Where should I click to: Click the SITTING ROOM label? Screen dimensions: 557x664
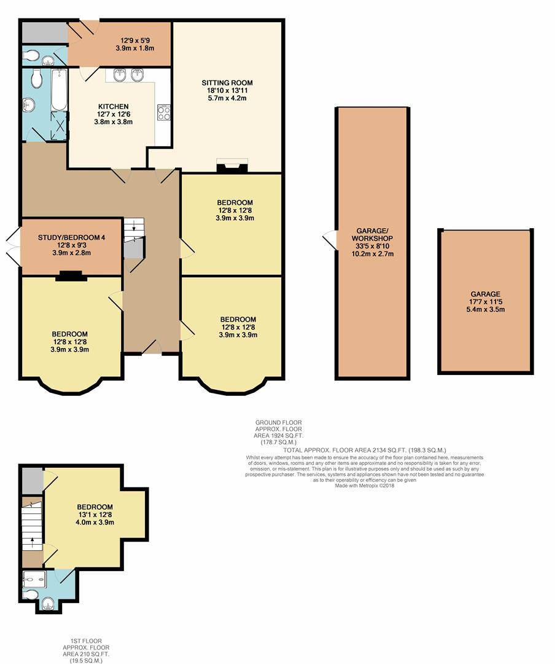point(227,82)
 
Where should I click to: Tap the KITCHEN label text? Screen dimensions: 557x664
point(114,106)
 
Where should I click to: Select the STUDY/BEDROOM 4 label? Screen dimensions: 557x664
point(71,237)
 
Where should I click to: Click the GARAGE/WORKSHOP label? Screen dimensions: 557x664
point(372,235)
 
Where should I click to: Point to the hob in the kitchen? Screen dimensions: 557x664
point(164,113)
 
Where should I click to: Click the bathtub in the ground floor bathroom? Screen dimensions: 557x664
point(59,90)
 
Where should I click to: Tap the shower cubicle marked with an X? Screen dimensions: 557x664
point(59,126)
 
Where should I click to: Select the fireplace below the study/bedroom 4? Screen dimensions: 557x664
point(71,276)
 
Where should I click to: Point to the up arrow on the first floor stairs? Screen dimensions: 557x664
point(32,542)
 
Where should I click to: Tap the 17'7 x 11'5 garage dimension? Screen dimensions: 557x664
point(486,302)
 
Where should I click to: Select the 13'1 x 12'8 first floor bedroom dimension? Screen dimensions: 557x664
point(95,515)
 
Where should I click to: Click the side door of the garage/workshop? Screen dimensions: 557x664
point(329,240)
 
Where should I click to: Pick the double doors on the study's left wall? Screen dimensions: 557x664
point(13,247)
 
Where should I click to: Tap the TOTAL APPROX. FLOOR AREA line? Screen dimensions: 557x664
point(365,450)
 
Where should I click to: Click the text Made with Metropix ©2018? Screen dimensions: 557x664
point(365,486)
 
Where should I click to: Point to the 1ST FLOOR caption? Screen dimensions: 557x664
point(86,641)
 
